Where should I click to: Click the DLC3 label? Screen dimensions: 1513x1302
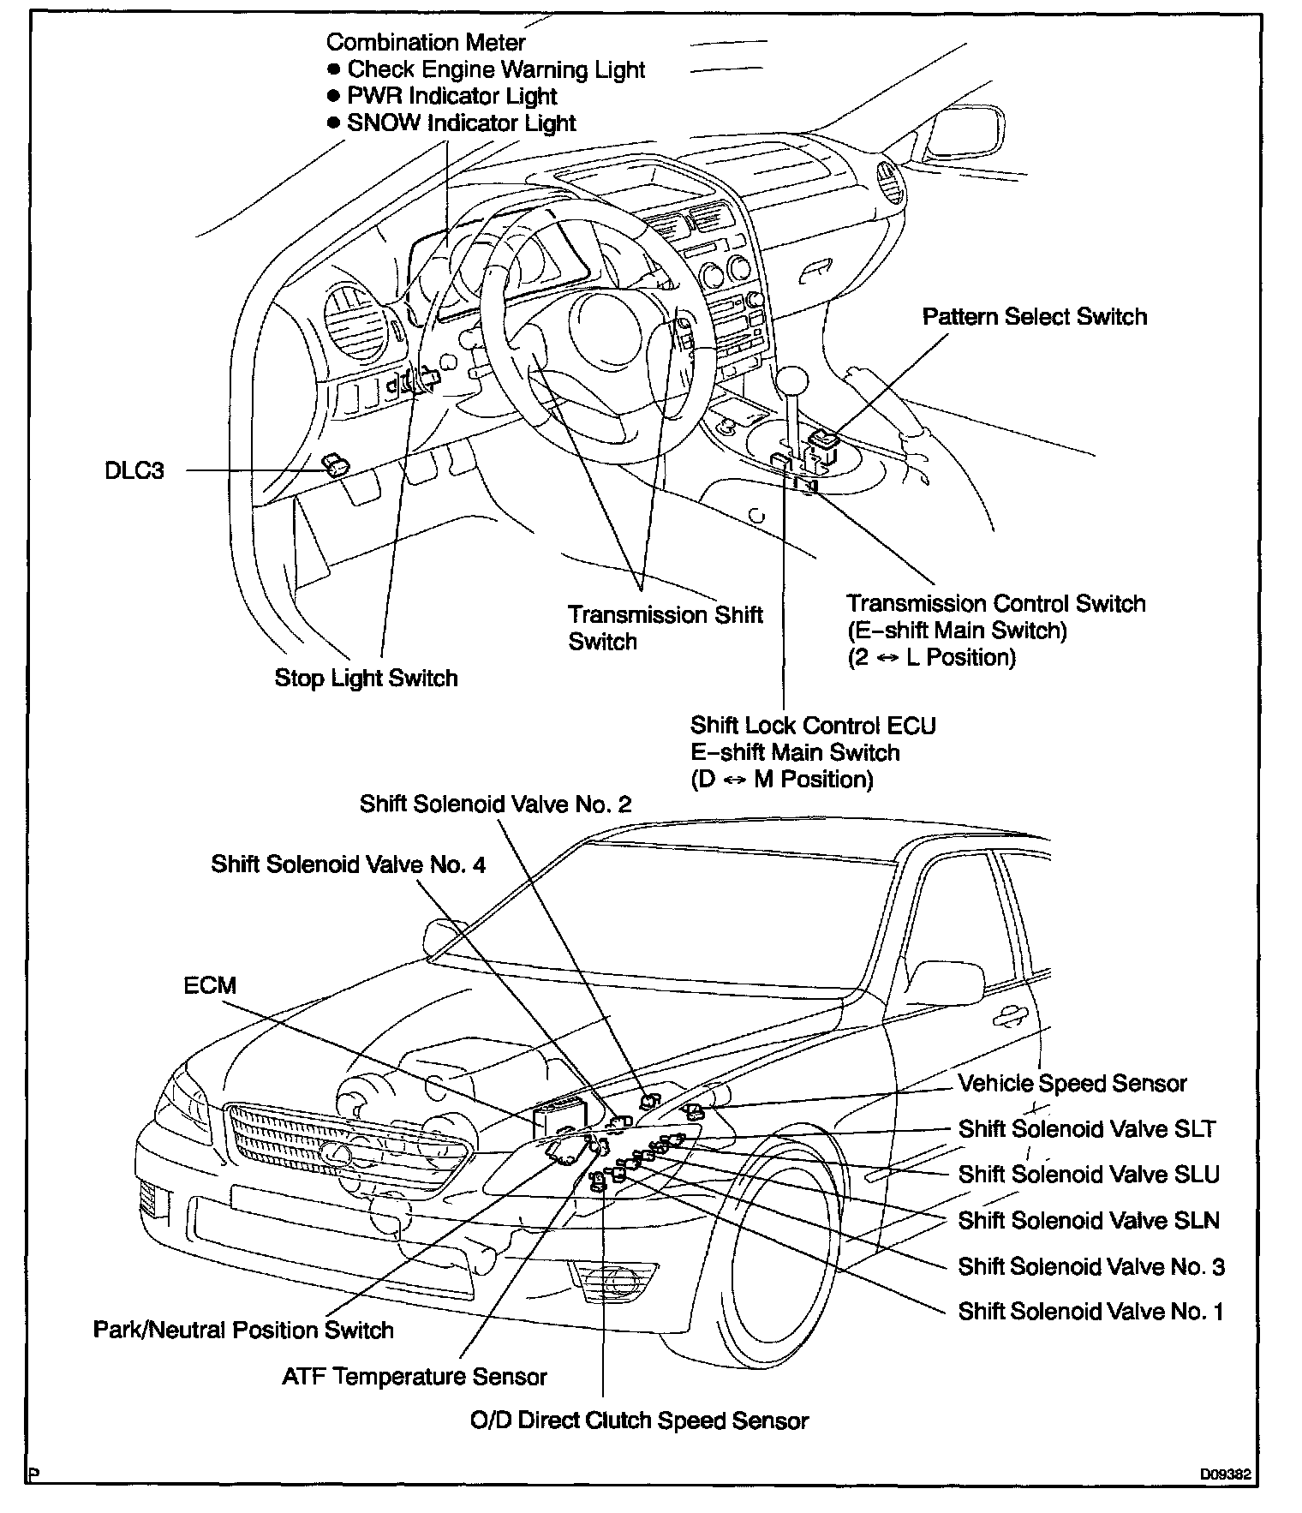point(134,470)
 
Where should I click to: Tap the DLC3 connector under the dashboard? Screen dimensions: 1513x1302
point(336,466)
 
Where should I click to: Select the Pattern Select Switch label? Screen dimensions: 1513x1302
point(1034,317)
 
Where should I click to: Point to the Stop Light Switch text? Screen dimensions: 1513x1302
point(366,679)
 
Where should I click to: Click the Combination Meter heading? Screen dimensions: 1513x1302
point(426,42)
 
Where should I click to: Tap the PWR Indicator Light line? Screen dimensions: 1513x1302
point(442,96)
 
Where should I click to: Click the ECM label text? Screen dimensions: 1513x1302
point(210,985)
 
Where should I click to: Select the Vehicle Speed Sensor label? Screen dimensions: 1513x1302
point(1072,1084)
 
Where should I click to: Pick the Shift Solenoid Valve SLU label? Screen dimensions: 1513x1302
point(1088,1175)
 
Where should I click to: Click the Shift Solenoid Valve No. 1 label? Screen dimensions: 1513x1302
point(1090,1312)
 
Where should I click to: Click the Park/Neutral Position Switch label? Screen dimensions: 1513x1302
point(243,1331)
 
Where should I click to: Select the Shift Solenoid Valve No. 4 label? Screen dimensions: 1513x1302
point(348,865)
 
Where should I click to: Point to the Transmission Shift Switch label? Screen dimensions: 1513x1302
point(665,628)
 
